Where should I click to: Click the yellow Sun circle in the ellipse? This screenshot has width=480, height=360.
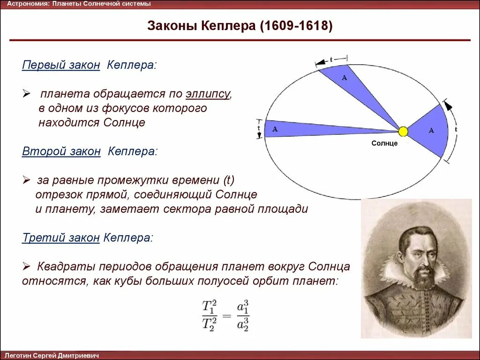click(x=403, y=132)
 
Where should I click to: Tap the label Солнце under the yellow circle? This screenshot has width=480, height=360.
click(x=384, y=143)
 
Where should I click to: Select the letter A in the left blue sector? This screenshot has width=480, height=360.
click(x=275, y=129)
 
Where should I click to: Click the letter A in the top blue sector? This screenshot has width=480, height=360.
click(x=344, y=78)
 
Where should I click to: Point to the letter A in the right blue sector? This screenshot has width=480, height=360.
click(x=431, y=130)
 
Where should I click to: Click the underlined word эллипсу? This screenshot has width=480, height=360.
click(x=208, y=94)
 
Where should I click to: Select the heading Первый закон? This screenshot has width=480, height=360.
click(x=61, y=65)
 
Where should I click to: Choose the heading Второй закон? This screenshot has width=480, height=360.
click(x=61, y=151)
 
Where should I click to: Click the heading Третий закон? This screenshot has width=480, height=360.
click(x=61, y=238)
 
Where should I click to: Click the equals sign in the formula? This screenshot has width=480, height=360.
click(x=226, y=316)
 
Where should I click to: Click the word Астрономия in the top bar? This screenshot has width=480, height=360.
click(x=27, y=4)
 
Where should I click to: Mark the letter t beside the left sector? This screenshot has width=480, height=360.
click(x=258, y=128)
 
